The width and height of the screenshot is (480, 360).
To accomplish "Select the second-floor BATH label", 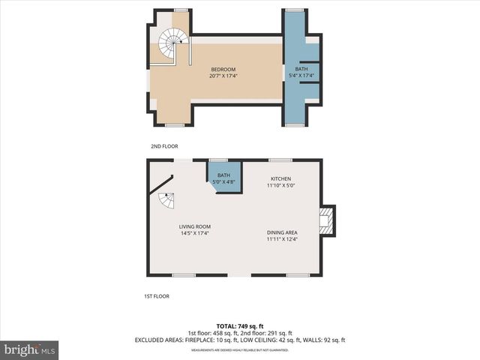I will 301,69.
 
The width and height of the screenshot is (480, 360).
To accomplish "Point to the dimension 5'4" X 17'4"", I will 301,76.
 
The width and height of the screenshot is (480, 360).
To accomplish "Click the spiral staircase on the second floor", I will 172,43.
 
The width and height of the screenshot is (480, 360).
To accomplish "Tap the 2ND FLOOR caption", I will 164,146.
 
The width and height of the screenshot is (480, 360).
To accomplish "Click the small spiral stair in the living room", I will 166,200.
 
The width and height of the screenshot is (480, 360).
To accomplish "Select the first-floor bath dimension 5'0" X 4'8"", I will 223,181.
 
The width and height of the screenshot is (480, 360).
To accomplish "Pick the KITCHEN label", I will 281,178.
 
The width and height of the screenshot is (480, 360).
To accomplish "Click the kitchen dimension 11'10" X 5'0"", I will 281,185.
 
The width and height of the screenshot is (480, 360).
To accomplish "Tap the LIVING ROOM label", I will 194,226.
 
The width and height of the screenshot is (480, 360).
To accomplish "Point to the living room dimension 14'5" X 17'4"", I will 194,233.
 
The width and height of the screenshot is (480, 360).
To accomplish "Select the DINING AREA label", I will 282,232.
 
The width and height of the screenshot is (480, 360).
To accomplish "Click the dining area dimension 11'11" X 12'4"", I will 282,239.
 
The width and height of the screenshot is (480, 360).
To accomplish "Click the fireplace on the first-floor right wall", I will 327,220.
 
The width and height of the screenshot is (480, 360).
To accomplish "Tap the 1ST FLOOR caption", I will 157,296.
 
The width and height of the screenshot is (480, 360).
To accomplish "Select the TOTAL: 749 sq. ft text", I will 239,327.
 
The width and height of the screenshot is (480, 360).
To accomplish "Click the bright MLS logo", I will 30,349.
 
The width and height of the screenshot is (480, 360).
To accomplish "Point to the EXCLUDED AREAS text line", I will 239,340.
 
